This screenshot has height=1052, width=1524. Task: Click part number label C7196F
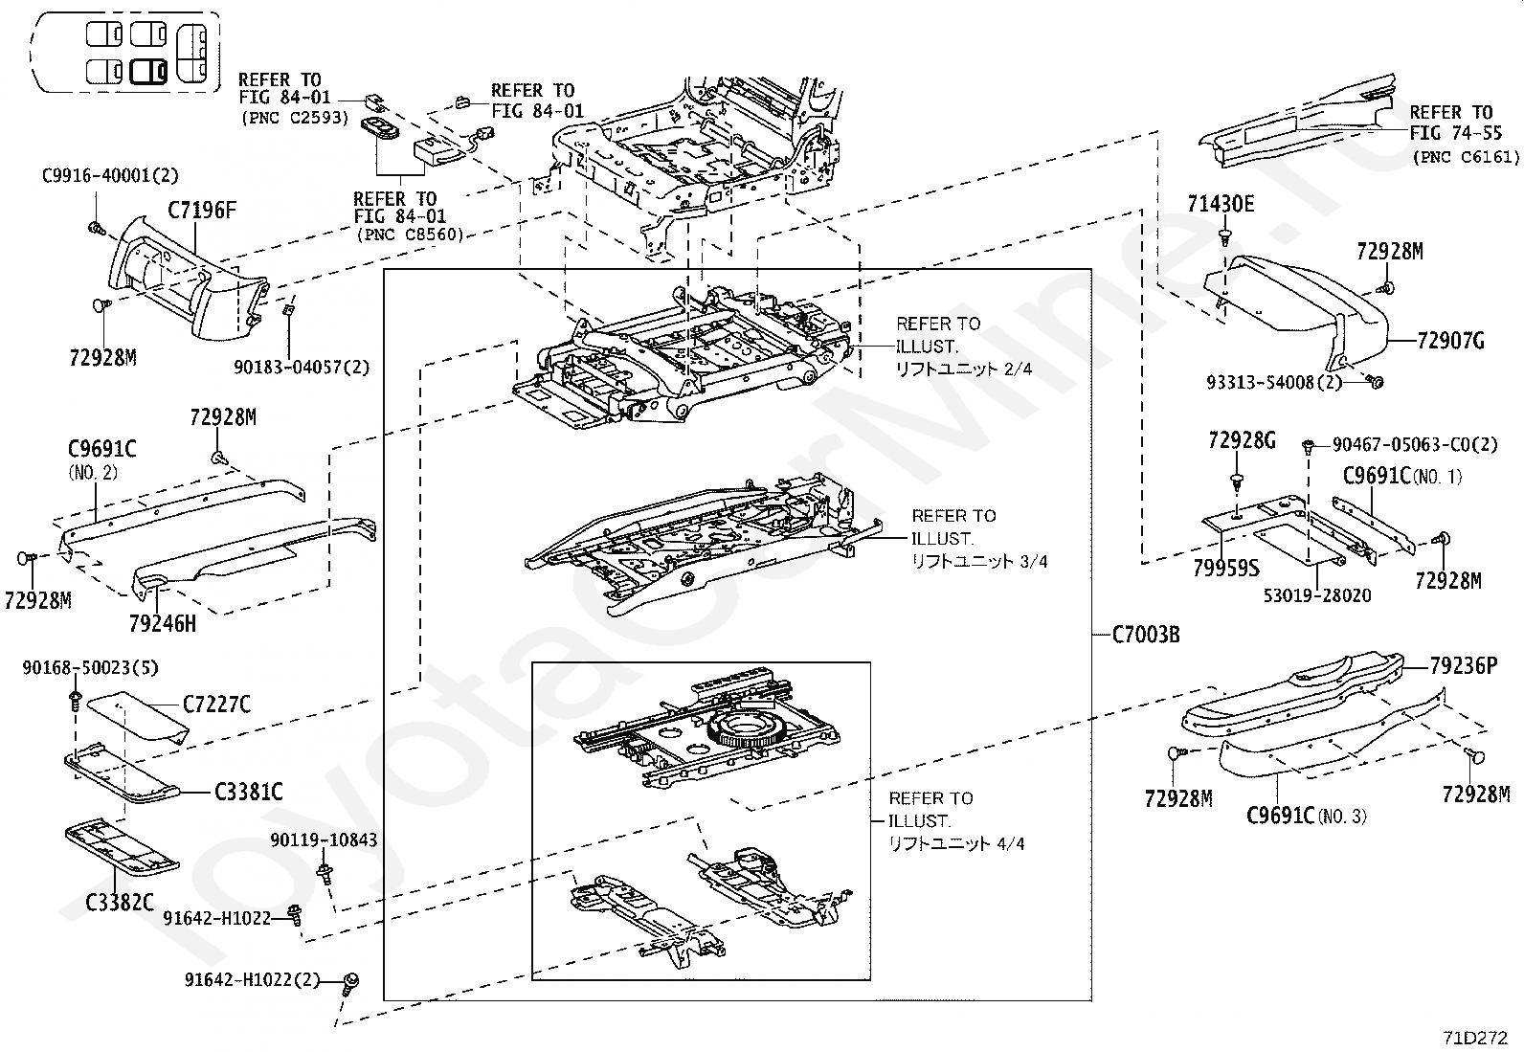click(x=202, y=210)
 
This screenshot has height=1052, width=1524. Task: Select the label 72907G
click(x=1450, y=341)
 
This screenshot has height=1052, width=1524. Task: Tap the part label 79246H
click(x=163, y=623)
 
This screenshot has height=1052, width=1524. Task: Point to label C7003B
click(x=1145, y=634)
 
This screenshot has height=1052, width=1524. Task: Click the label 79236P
click(x=1462, y=665)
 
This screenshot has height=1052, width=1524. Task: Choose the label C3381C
click(x=248, y=792)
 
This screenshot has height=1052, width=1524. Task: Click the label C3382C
click(x=120, y=902)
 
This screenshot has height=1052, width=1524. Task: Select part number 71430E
click(x=1221, y=204)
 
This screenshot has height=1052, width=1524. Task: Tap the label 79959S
click(x=1226, y=568)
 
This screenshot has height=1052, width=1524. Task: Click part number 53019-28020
click(x=1317, y=595)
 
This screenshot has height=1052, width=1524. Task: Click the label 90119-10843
click(x=324, y=839)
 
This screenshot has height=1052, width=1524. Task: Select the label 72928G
click(x=1242, y=440)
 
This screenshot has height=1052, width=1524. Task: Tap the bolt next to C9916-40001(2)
click(x=97, y=228)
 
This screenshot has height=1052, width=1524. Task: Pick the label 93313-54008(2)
click(x=1274, y=382)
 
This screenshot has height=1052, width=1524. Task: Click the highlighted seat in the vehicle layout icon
click(x=148, y=71)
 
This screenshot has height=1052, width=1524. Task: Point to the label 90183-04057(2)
click(x=302, y=367)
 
